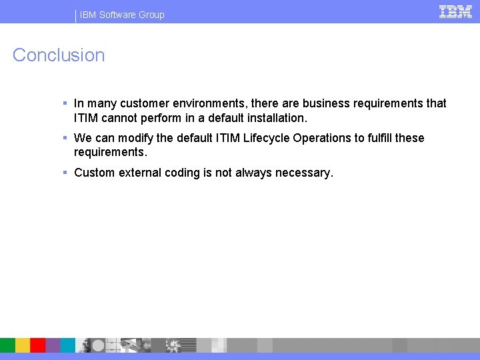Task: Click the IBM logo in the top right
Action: pos(456,12)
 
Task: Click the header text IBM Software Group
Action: pos(122,15)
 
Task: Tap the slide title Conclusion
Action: pos(59,55)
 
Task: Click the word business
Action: pos(325,103)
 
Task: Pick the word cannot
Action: pos(119,118)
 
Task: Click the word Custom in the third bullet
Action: pos(94,173)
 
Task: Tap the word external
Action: pos(139,173)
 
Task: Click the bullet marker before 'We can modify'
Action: pos(65,138)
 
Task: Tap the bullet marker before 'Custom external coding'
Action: pos(65,173)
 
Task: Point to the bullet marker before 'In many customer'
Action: pos(65,103)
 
